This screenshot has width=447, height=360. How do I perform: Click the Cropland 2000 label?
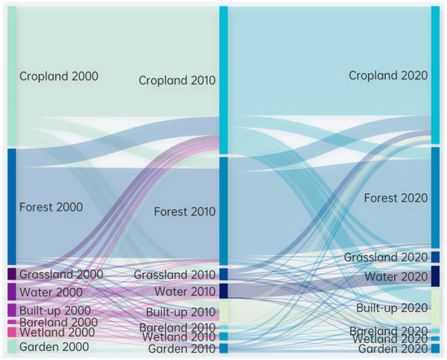(59, 76)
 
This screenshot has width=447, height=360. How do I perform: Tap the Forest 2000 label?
(51, 207)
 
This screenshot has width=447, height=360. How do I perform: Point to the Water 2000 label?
(50, 292)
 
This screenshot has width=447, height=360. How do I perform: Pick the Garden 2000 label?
(53, 347)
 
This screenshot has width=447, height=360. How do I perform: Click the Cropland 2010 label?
(176, 80)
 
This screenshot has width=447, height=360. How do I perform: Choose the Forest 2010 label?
(184, 212)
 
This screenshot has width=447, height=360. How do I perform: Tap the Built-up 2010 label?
(180, 313)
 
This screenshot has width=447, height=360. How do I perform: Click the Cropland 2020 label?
(387, 76)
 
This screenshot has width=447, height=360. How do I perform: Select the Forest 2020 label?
(395, 198)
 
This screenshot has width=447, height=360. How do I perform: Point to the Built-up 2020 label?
(392, 308)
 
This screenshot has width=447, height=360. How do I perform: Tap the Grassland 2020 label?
(384, 258)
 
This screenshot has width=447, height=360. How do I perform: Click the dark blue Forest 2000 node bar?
(11, 206)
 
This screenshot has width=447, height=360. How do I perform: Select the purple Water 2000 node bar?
(11, 291)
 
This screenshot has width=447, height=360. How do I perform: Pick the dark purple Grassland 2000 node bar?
(11, 274)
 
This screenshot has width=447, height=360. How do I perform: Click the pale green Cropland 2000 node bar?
(11, 76)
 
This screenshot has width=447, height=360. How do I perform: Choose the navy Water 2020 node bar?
(435, 275)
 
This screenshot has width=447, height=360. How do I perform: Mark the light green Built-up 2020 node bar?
(435, 307)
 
